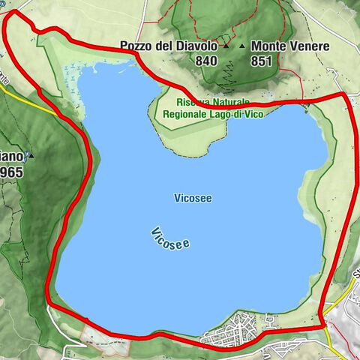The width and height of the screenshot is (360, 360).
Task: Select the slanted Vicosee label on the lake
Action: [169, 238]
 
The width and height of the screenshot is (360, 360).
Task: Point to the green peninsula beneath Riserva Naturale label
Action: [191, 127]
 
